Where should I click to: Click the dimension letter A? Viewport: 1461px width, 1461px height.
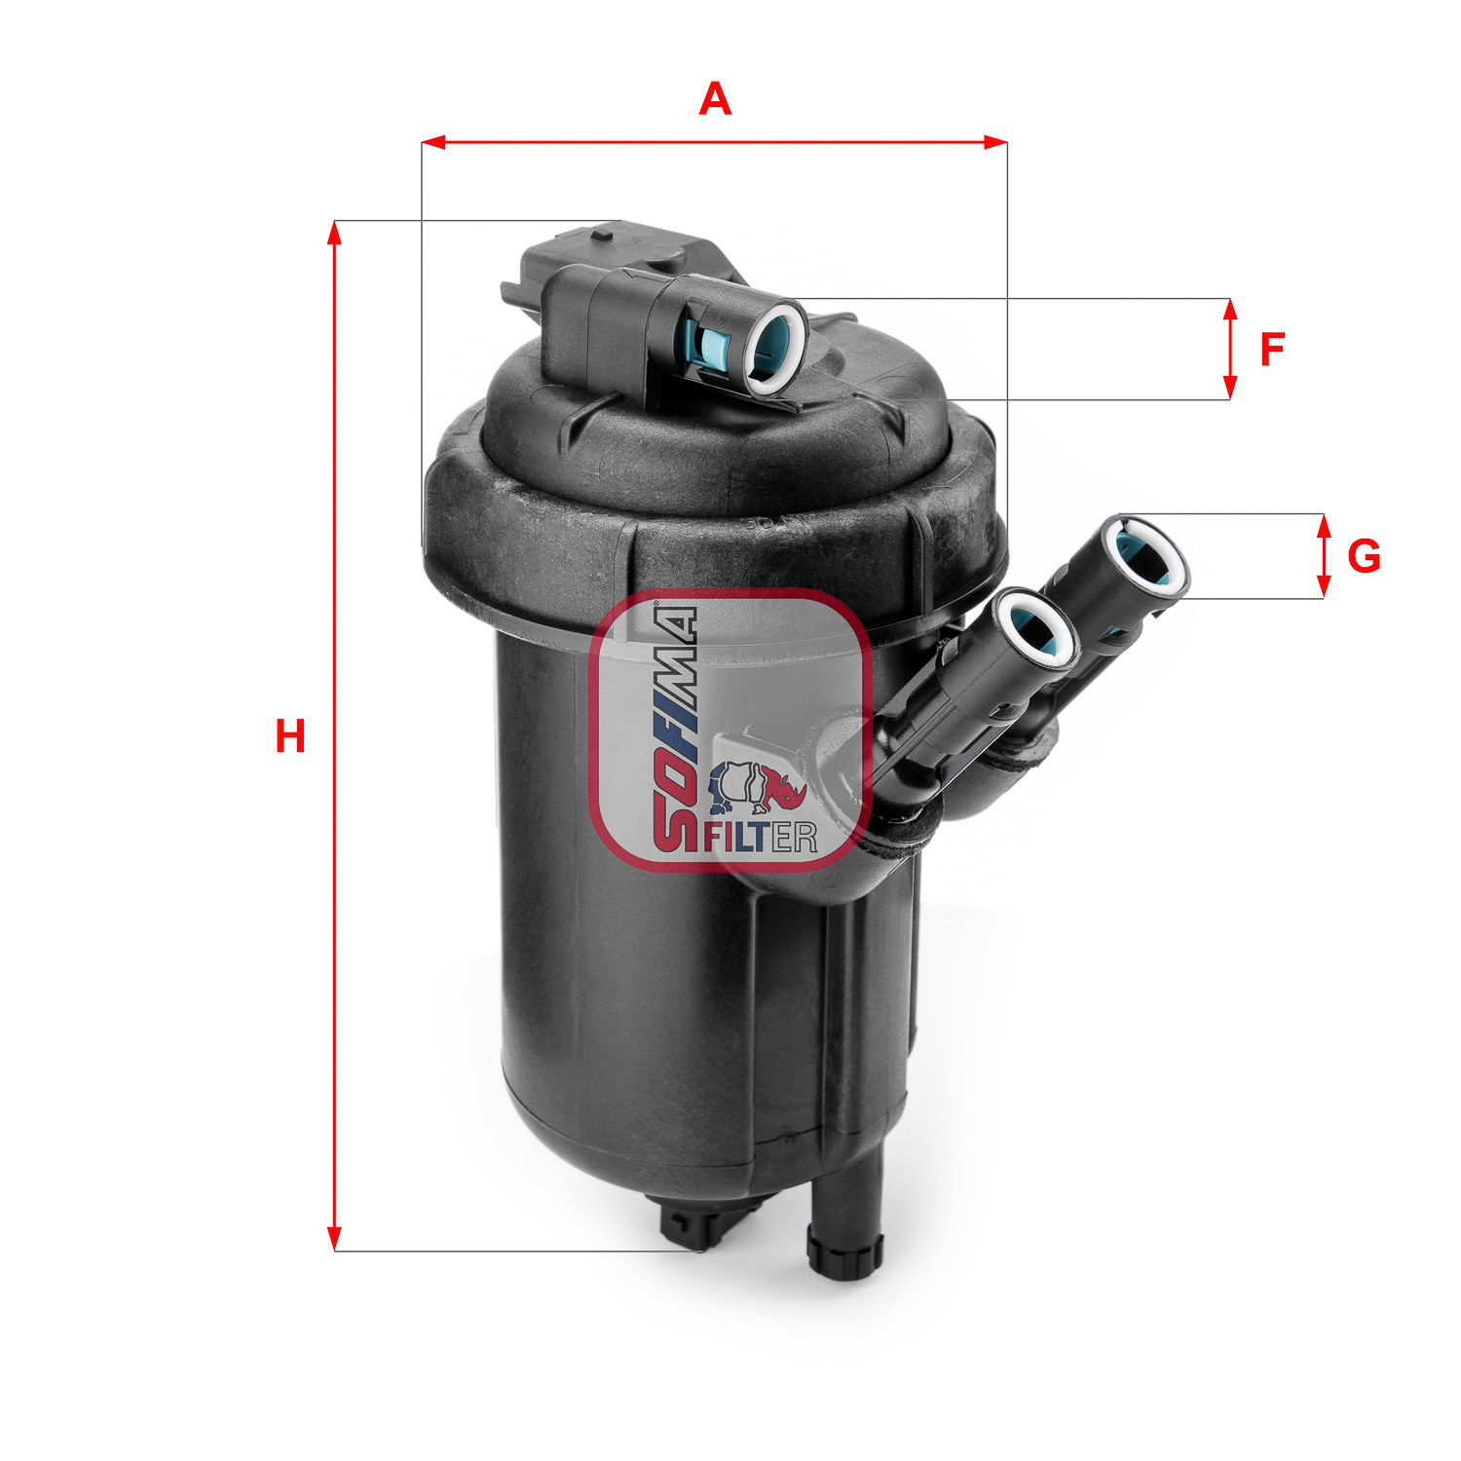pyautogui.click(x=715, y=99)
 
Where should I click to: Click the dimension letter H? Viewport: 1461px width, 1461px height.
pyautogui.click(x=289, y=736)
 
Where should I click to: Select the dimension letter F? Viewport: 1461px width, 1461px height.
pyautogui.click(x=1272, y=350)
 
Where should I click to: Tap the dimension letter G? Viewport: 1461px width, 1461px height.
pyautogui.click(x=1364, y=556)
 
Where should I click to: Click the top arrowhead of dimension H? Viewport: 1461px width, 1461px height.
pyautogui.click(x=335, y=233)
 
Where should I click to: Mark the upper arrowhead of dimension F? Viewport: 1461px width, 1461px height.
pyautogui.click(x=1230, y=311)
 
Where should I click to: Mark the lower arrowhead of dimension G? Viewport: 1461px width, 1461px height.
pyautogui.click(x=1323, y=586)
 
